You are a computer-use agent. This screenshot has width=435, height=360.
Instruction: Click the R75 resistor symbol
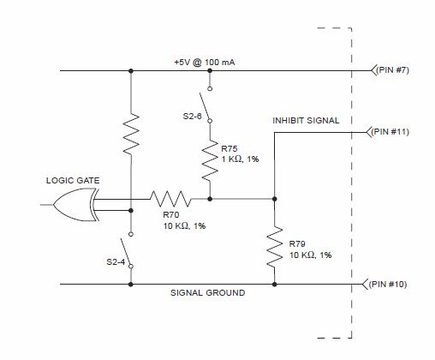click(210, 160)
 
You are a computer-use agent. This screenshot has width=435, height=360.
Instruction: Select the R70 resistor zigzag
click(170, 199)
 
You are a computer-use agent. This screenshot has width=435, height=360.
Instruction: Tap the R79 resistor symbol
click(274, 247)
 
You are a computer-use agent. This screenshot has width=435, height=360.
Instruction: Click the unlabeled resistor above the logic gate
click(131, 134)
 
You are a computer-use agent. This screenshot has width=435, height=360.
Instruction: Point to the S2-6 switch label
click(192, 117)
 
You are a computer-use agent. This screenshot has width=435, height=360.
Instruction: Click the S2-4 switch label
click(116, 262)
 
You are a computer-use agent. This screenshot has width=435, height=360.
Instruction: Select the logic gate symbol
click(76, 205)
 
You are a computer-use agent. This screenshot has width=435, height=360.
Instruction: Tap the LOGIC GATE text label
click(73, 181)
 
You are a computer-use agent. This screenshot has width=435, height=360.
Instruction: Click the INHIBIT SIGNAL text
click(306, 121)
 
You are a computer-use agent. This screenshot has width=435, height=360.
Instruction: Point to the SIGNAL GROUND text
click(207, 293)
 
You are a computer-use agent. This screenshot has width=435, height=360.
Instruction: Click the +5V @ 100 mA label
click(205, 63)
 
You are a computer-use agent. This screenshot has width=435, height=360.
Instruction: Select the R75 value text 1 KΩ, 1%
click(240, 159)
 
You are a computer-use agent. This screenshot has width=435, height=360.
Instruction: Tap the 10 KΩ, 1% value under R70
click(184, 226)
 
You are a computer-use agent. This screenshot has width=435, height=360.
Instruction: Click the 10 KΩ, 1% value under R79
click(311, 255)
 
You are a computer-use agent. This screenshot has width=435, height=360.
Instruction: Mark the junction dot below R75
click(210, 199)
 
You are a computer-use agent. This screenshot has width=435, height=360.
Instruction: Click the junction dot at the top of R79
click(274, 199)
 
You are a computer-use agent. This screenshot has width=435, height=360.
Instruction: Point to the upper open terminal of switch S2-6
click(210, 89)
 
